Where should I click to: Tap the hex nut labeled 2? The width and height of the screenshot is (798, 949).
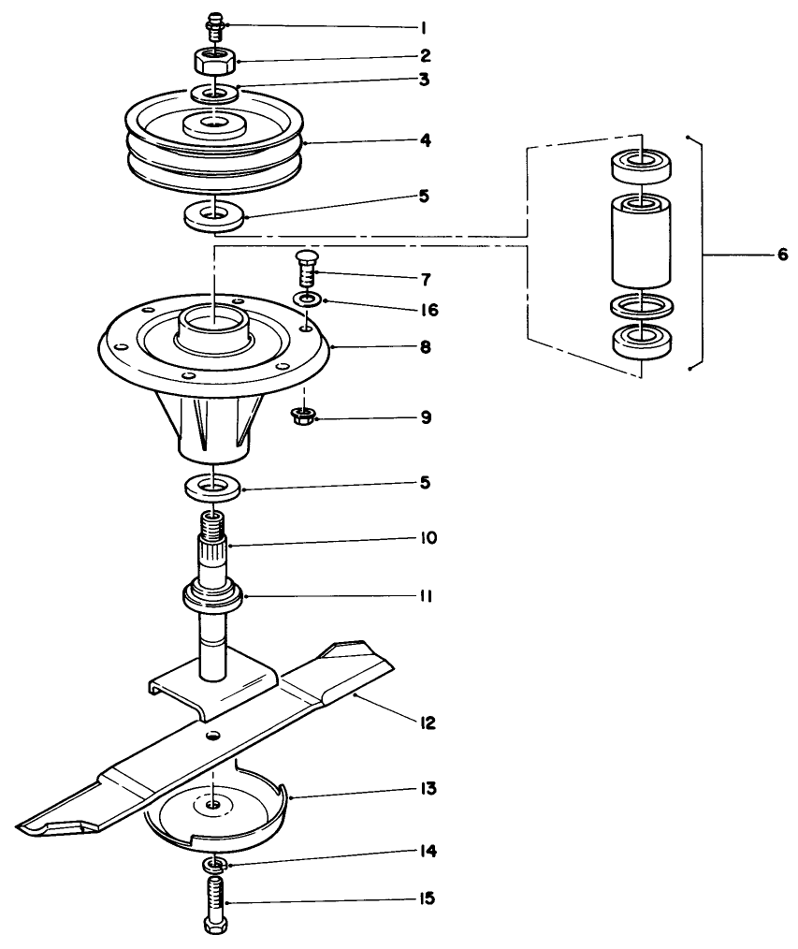[x=214, y=63]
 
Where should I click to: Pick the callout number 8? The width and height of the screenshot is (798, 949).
[x=426, y=346]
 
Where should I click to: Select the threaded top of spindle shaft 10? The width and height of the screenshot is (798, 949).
[x=214, y=520]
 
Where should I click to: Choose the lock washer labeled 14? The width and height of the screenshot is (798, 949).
[x=215, y=863]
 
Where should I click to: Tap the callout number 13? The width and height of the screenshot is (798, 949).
[x=427, y=788]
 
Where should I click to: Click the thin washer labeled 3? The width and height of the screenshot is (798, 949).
[x=216, y=94]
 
